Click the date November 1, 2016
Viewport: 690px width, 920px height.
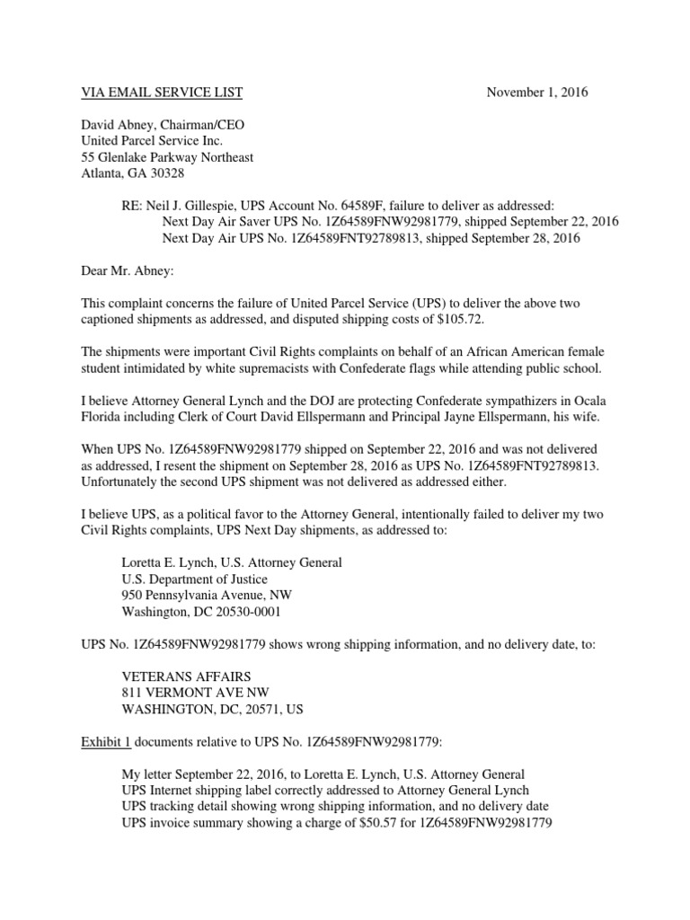click(x=537, y=93)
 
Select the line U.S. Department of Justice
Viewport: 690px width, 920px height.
click(x=190, y=578)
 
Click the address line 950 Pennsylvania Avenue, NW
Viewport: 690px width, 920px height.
click(x=206, y=594)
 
